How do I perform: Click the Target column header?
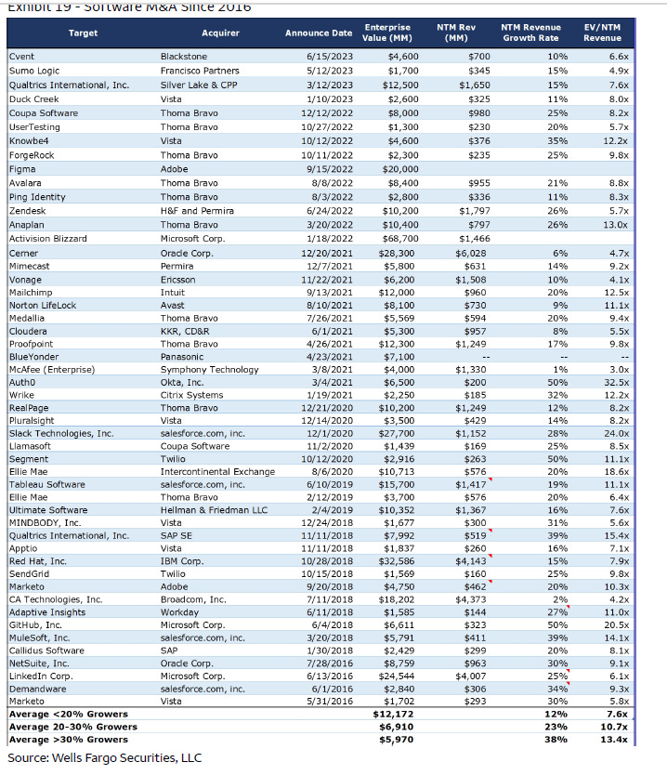[x=83, y=33]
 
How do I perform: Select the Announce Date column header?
[x=319, y=33]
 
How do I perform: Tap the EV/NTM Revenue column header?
[x=602, y=33]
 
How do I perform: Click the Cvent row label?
[x=21, y=57]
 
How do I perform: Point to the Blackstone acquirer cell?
[x=183, y=57]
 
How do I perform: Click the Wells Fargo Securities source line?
[x=104, y=757]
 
